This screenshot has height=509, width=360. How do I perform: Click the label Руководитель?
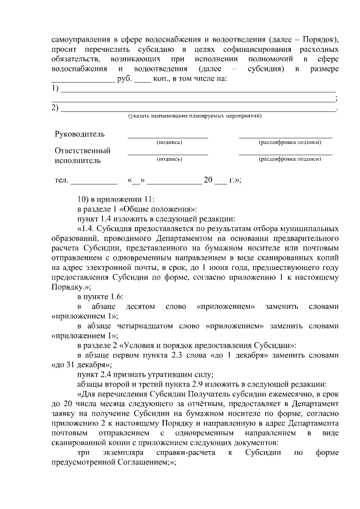pos(79,134)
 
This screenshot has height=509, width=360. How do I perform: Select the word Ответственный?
pos(83,151)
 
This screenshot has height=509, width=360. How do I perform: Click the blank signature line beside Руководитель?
pos(168,136)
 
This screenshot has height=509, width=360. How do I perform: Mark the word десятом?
pos(141,307)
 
